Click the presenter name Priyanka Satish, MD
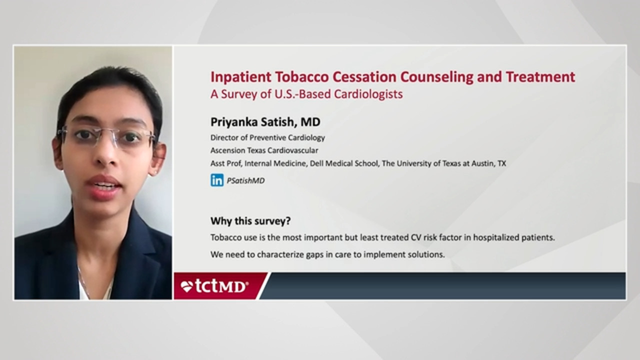265,121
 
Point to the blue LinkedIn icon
217,180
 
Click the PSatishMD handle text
245,181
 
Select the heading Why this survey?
250,220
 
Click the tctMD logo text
221,286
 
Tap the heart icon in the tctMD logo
186,286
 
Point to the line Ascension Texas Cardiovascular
264,150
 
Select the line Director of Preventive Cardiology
267,137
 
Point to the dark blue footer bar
445,286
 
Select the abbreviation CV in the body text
416,237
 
